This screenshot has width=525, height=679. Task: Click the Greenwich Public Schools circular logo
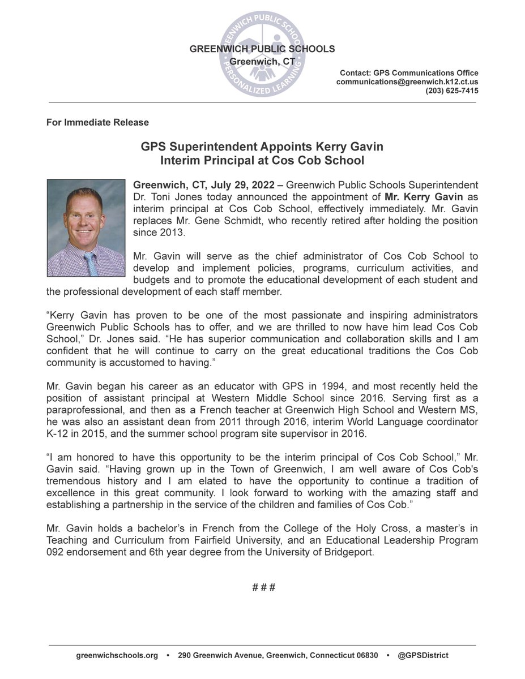click(262, 50)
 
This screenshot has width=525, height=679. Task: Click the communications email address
click(407, 82)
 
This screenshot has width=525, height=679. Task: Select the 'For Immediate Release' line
click(97, 122)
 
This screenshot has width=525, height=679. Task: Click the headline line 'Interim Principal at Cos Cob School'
click(262, 160)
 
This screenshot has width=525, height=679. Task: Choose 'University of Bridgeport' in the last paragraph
click(325, 552)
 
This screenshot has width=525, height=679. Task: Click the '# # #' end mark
click(263, 587)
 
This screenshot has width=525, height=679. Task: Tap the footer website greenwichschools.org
click(117, 655)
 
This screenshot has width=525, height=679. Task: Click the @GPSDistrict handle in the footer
click(422, 655)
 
